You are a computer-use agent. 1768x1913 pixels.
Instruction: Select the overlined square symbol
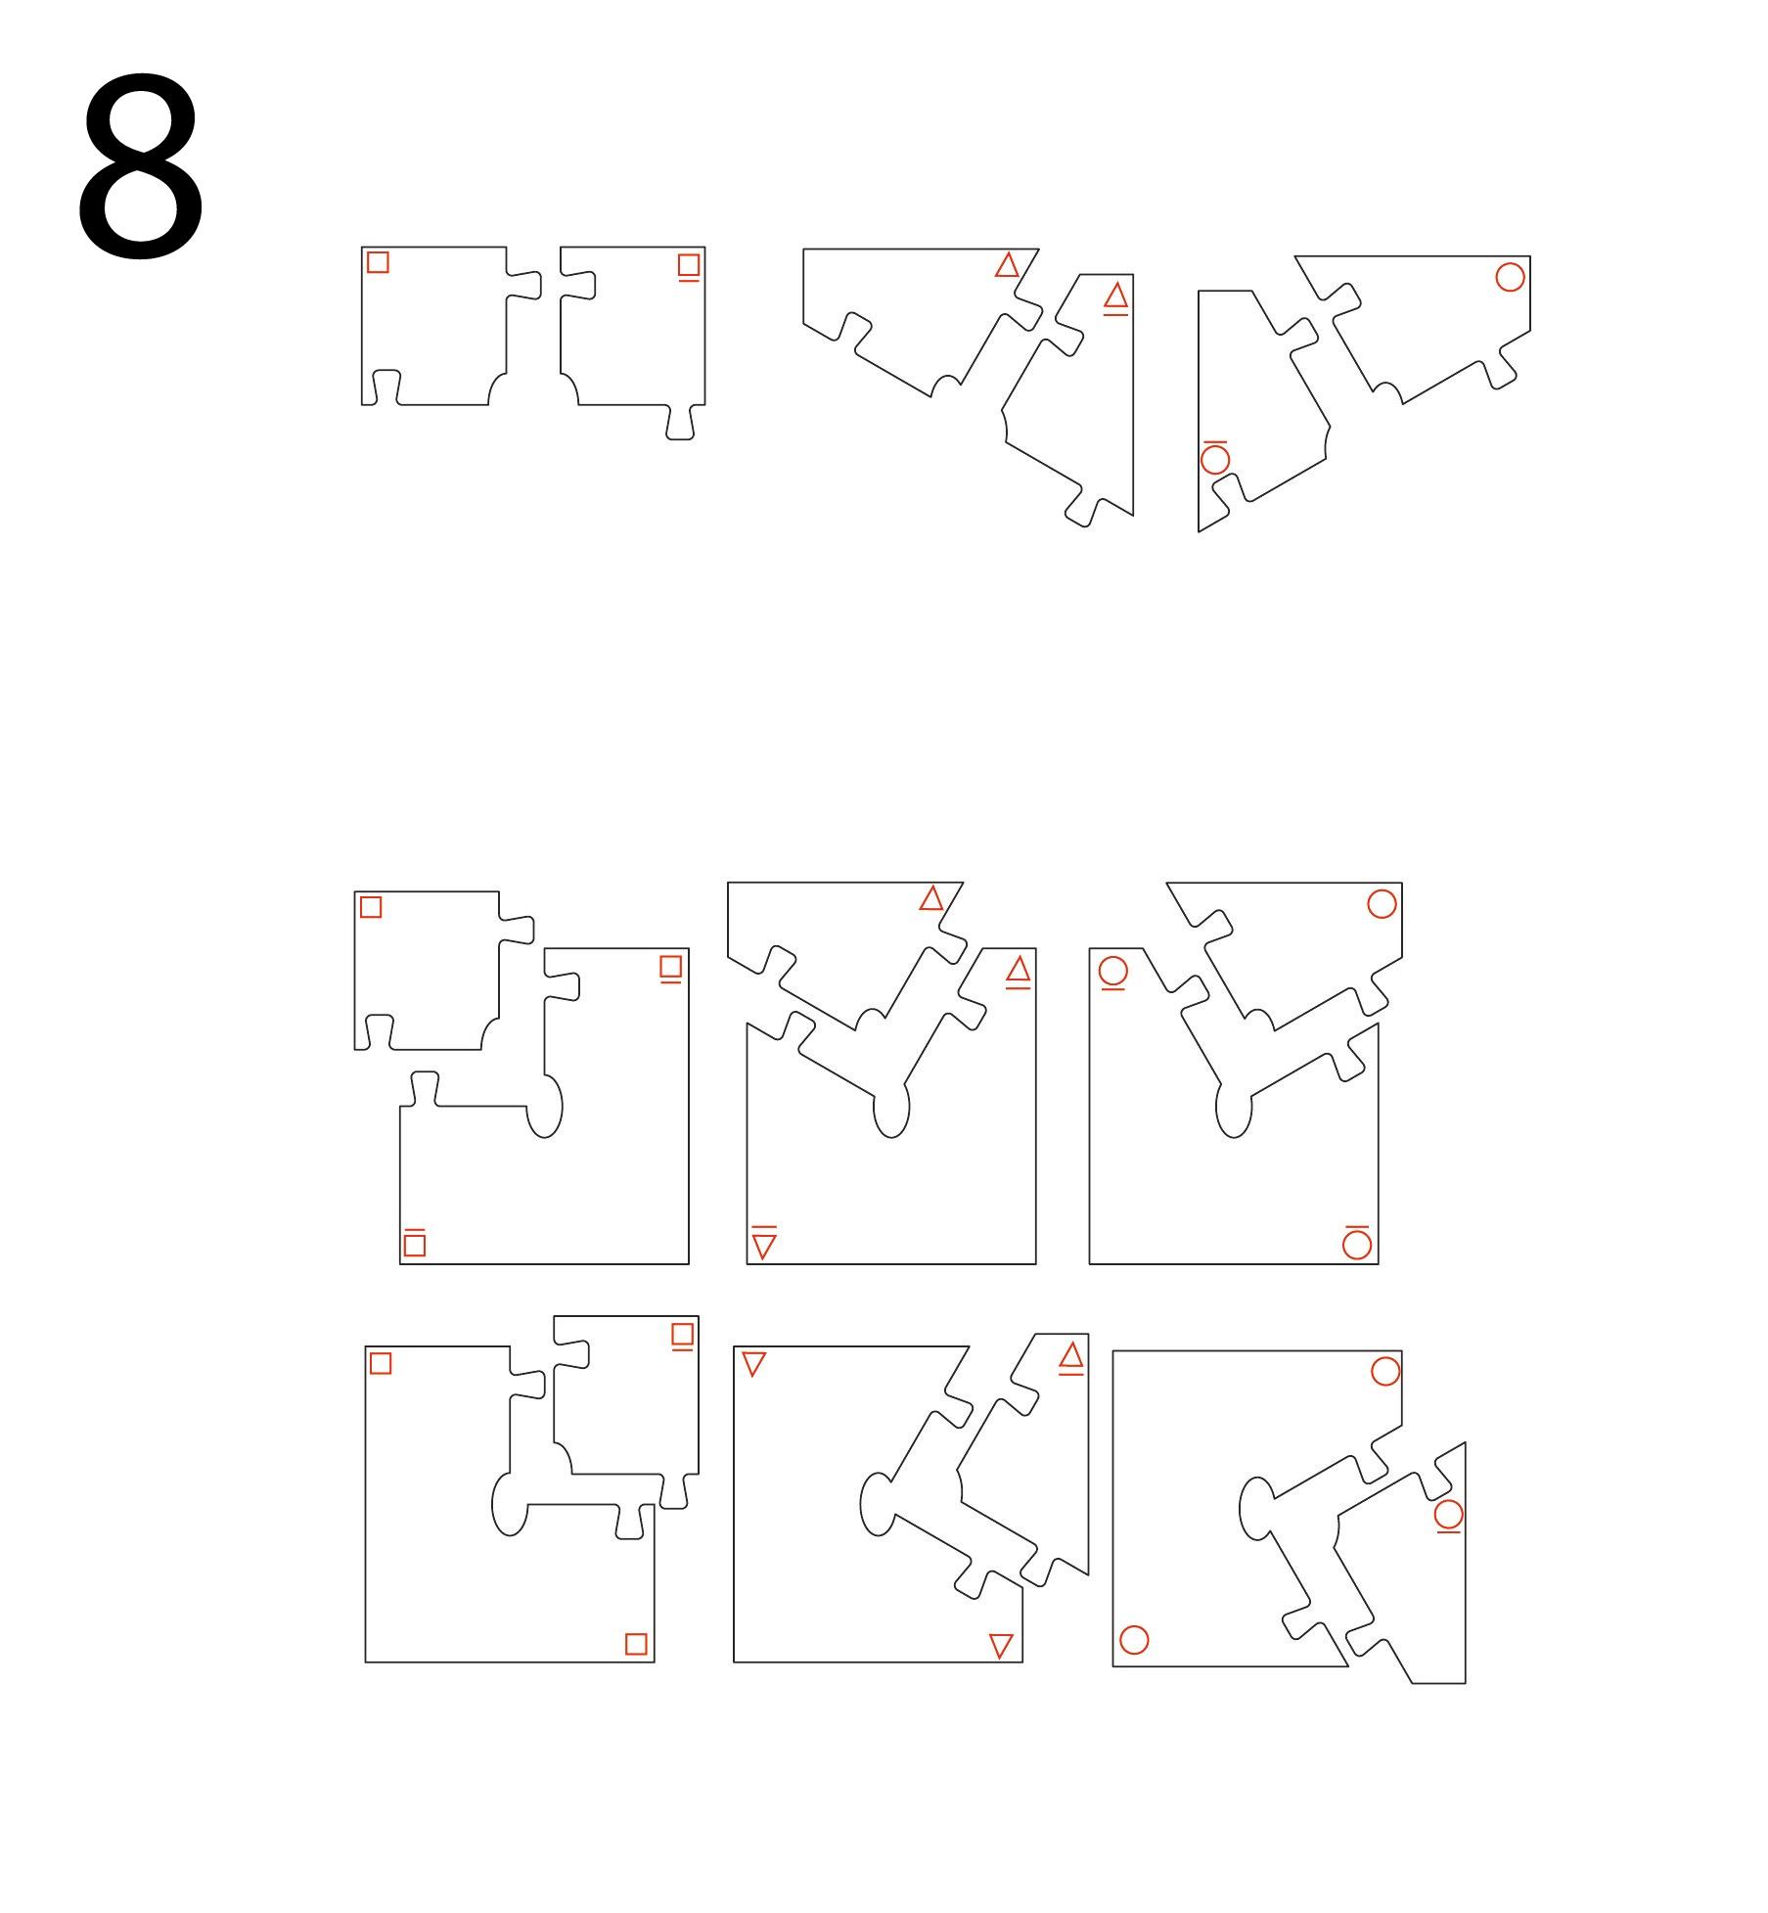point(414,1243)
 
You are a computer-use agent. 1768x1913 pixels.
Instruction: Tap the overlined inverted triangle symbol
point(764,1244)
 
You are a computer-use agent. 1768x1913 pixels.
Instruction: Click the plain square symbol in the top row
point(378,262)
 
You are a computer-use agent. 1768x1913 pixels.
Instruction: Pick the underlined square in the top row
point(689,266)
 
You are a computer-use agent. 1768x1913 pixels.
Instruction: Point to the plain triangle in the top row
point(1007,265)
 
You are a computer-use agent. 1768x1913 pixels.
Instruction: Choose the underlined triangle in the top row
point(1115,296)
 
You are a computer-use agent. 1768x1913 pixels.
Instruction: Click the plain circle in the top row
point(1510,277)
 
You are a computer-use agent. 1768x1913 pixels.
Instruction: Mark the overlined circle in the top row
point(1215,457)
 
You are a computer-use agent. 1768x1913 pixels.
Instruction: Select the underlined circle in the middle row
point(1113,973)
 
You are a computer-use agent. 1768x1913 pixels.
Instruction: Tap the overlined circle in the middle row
point(1357,1243)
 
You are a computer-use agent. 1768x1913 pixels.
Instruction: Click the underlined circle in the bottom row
point(1448,1516)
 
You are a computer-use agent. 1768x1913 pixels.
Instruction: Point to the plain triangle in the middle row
point(931,898)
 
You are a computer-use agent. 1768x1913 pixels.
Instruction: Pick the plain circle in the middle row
point(1382,904)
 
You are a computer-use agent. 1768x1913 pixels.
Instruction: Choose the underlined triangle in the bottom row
point(1071,1357)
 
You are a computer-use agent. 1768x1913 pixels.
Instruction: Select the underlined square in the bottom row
point(683,1336)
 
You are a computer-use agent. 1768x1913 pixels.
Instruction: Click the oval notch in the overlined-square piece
point(546,1107)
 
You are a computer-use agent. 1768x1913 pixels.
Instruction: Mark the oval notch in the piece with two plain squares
point(508,1504)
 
